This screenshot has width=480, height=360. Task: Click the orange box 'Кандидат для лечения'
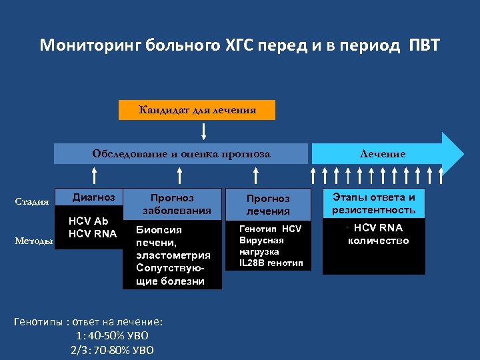[x=197, y=109]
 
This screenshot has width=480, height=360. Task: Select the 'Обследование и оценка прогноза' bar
[x=181, y=154]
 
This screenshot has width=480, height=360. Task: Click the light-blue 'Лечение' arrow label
[x=382, y=154]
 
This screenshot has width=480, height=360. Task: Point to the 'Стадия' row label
[x=32, y=202]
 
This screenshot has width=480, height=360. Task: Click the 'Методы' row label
[x=33, y=241]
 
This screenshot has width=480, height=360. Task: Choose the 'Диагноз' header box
[x=93, y=197]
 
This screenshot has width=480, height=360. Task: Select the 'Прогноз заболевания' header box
[x=172, y=204]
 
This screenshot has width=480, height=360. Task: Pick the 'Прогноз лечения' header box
[x=268, y=205]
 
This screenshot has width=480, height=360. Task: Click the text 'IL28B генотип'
[x=271, y=263]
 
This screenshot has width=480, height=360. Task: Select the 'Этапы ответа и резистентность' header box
[x=373, y=203]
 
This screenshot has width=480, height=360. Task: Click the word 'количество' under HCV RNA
[x=378, y=241]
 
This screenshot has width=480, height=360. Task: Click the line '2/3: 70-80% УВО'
[x=111, y=349]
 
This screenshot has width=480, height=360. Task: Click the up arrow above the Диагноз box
[x=95, y=175]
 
